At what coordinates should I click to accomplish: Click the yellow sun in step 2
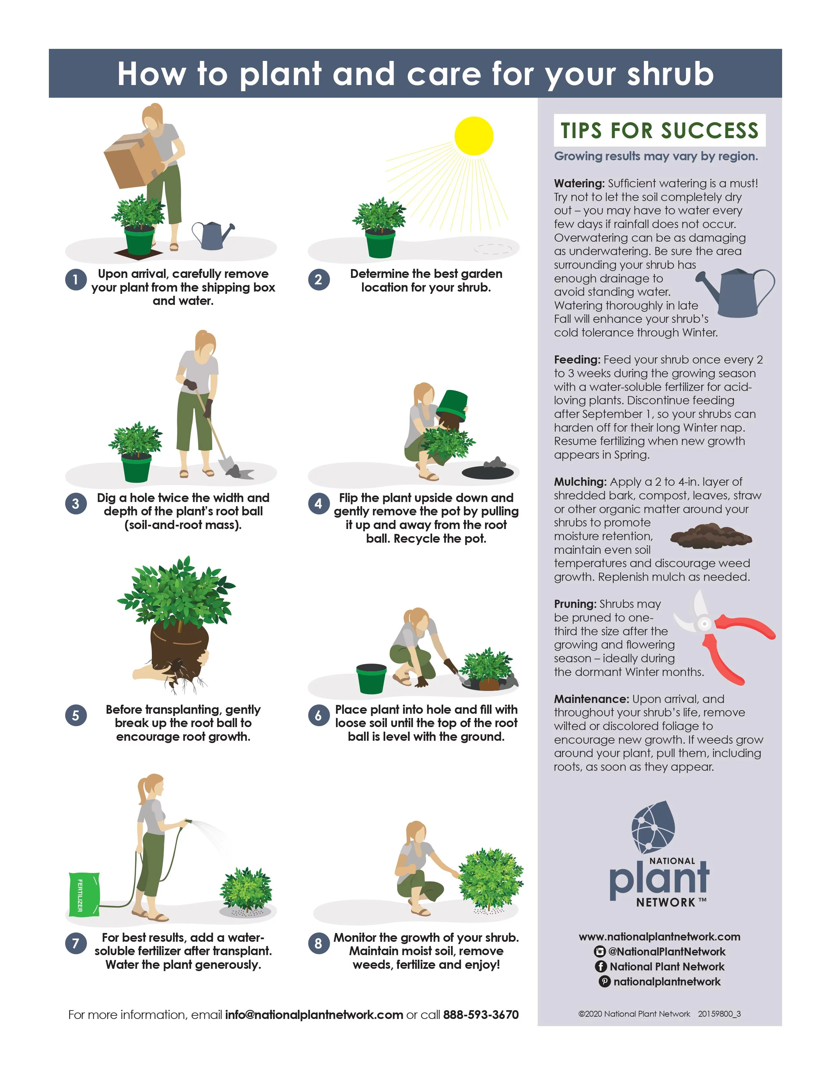pos(474,136)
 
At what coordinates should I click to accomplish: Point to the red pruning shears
pos(724,638)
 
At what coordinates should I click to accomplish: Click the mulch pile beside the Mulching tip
pos(711,536)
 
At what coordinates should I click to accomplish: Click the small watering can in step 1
pos(213,235)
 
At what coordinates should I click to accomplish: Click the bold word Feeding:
pos(577,360)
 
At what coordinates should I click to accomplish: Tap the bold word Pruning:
pos(575,604)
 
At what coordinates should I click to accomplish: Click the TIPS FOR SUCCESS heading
pos(659,130)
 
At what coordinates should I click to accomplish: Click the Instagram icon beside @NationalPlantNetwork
pos(600,952)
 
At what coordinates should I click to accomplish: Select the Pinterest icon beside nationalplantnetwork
pos(604,982)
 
